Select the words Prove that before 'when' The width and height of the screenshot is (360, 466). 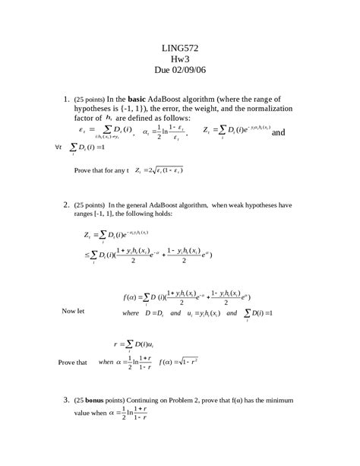[x=72, y=363]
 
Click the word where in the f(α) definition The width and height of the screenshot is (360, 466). [x=131, y=312]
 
